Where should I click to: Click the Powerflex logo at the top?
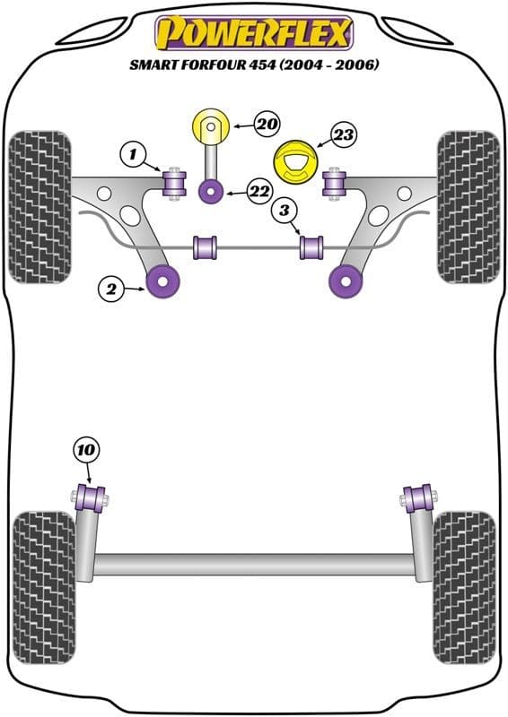[255, 34]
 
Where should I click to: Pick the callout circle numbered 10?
[87, 450]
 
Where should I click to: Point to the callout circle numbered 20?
[267, 124]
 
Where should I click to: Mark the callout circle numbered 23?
[344, 135]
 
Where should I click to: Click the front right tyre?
[468, 206]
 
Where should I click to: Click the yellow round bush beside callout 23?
[296, 163]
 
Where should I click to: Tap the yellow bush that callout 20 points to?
[211, 127]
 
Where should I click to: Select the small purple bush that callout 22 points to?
[212, 190]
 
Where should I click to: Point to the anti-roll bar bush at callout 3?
[313, 245]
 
